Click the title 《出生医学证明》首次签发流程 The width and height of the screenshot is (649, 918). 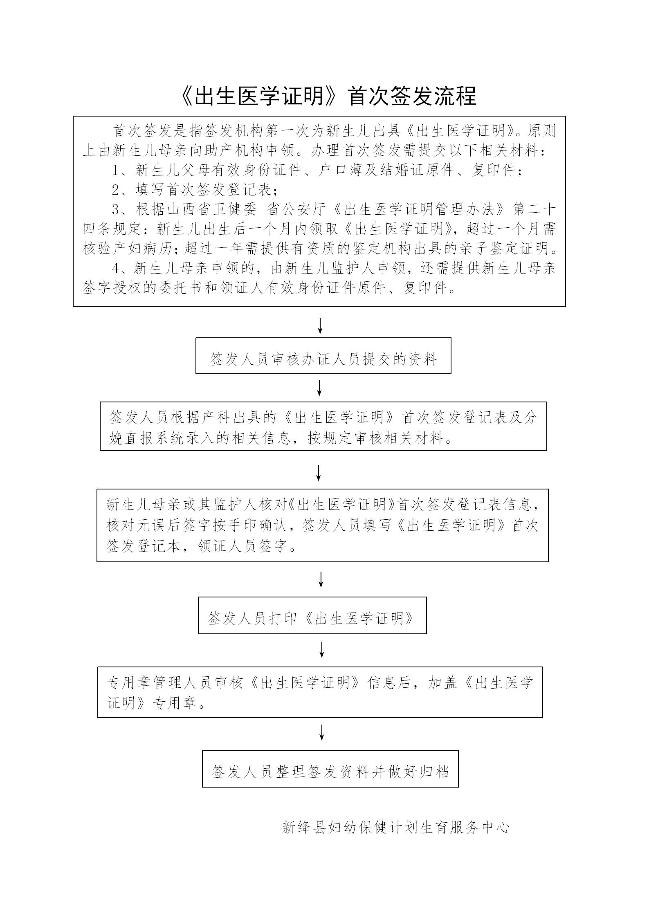click(328, 97)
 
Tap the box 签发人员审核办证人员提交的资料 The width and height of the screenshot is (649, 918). click(323, 355)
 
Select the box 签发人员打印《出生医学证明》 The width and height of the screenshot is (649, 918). click(312, 615)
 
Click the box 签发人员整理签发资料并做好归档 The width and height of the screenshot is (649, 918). click(330, 768)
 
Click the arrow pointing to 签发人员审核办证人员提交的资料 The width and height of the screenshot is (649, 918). click(320, 325)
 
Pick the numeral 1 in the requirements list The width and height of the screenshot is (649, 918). click(116, 170)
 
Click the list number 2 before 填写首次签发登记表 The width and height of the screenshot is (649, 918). click(116, 190)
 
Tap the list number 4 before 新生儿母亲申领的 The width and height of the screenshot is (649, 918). click(116, 269)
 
